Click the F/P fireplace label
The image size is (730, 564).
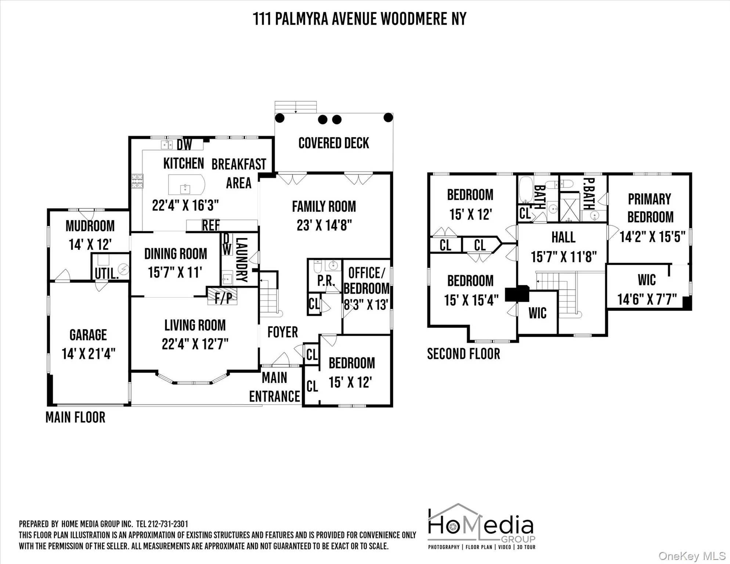click(223, 298)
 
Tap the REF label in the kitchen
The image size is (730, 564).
click(211, 225)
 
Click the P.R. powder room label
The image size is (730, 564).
click(326, 281)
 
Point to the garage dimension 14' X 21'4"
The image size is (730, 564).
click(88, 354)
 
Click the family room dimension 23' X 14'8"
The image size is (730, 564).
click(324, 225)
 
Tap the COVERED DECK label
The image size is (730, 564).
click(333, 143)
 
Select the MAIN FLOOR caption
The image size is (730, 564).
click(75, 417)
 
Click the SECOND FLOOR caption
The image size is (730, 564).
click(463, 354)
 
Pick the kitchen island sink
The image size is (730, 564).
click(185, 189)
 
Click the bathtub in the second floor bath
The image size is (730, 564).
click(526, 189)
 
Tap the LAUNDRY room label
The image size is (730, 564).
click(241, 259)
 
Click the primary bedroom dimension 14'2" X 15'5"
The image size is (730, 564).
click(652, 237)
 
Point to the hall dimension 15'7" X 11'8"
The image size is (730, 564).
click(564, 257)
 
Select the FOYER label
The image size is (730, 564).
click(282, 332)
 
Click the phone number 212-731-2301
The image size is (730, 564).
click(168, 524)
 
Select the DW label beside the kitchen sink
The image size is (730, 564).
click(184, 145)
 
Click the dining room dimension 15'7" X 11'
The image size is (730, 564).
click(175, 272)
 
